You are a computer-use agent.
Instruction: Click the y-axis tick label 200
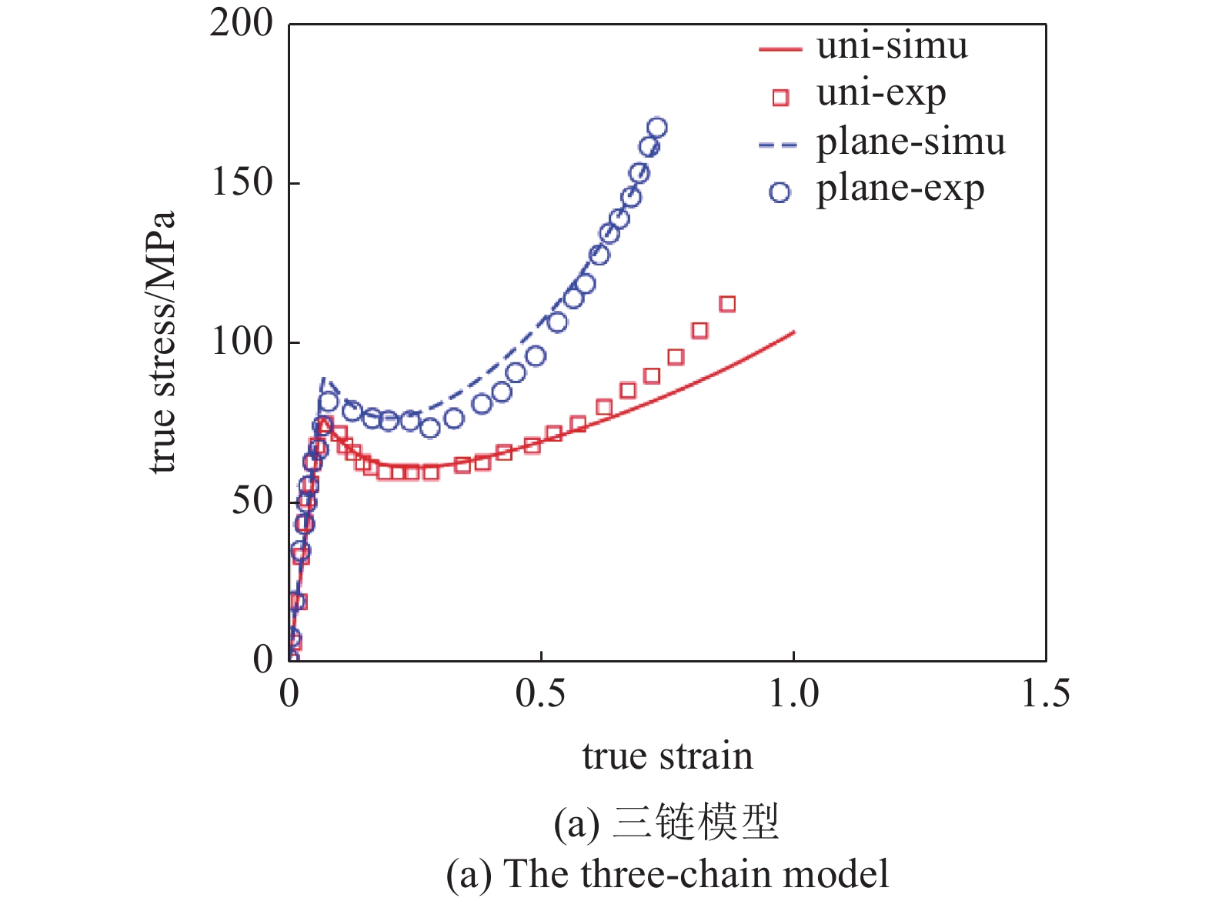coord(241,24)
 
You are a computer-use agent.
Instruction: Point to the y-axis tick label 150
coord(242,183)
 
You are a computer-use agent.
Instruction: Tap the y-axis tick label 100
coord(242,342)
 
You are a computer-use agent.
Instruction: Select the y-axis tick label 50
coord(252,502)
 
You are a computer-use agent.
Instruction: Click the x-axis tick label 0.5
coord(540,694)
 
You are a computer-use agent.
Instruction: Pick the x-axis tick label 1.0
coord(793,694)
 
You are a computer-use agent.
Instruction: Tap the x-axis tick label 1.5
coord(1045,694)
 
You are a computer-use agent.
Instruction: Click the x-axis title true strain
coord(667,756)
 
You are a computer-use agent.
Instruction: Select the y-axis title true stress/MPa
coord(162,342)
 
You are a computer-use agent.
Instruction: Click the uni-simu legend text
coord(892,46)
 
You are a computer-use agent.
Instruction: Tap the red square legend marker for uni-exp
coord(780,98)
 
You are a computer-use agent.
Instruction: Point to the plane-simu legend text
coord(910,142)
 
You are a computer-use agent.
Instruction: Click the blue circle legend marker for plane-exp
coord(780,192)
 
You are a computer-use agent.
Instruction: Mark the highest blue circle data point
coord(657,128)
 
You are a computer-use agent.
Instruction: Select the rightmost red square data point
coord(727,305)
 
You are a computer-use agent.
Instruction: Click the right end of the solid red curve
coord(793,332)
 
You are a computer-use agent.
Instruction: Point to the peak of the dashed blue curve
coord(324,379)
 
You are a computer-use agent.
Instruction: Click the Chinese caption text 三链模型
coord(696,823)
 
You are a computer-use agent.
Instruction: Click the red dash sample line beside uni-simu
coord(780,49)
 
